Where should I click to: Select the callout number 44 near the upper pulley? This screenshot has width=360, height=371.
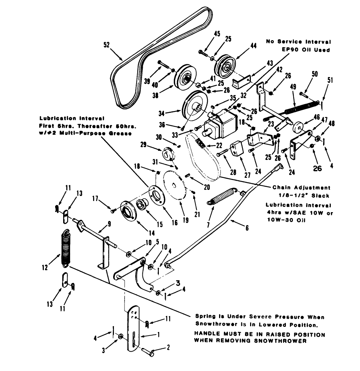click(x=253, y=46)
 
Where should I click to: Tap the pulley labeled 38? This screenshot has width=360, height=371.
click(x=183, y=79)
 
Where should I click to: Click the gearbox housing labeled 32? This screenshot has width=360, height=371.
click(x=223, y=124)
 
